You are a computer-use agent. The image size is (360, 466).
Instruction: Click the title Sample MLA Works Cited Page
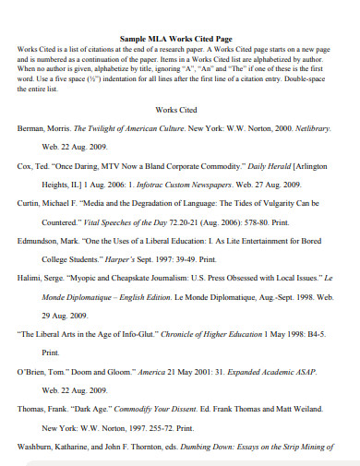click(179, 39)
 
